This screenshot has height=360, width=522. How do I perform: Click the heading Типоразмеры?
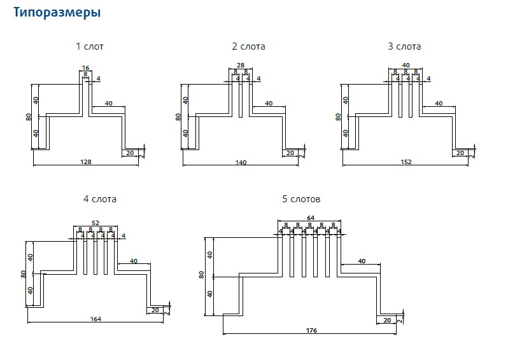coord(57,12)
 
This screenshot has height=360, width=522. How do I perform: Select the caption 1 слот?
coord(89,46)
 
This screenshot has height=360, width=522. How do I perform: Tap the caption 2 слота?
coord(248,46)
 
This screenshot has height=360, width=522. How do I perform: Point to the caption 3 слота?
coord(404,46)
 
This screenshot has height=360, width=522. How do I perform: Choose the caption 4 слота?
coord(100,199)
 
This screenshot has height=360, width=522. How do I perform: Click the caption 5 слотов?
coord(301,199)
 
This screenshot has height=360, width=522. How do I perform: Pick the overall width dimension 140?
coord(241,163)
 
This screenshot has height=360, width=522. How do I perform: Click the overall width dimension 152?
coord(406,162)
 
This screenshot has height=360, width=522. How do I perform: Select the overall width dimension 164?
coord(95,319)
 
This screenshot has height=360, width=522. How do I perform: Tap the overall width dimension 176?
coord(311,331)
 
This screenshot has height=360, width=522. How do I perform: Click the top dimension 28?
coord(241,66)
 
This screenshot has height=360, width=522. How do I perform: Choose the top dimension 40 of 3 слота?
coord(406,66)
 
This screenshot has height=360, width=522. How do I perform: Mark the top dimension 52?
coord(95,222)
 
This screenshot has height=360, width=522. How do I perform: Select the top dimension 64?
coord(311,218)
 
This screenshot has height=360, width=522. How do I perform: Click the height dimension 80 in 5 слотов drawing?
coord(202,275)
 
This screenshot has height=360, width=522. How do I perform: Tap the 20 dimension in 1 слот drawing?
coord(130,153)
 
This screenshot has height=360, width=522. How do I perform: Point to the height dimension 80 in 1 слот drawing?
coord(29,117)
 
